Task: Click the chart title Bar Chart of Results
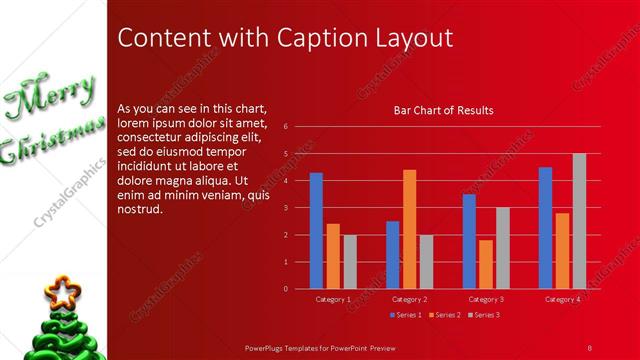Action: click(443, 110)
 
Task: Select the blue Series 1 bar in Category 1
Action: click(316, 230)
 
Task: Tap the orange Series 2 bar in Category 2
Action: click(409, 229)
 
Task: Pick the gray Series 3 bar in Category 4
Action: click(579, 221)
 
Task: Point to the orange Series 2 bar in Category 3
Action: click(485, 264)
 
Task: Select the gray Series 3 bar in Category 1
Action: click(349, 262)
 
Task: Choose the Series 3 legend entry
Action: click(484, 315)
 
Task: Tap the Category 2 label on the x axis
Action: click(410, 299)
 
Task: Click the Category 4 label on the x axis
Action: click(562, 299)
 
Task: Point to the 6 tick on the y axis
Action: click(286, 127)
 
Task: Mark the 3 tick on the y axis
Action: click(286, 208)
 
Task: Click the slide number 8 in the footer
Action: click(590, 346)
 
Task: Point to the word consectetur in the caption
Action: click(155, 137)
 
